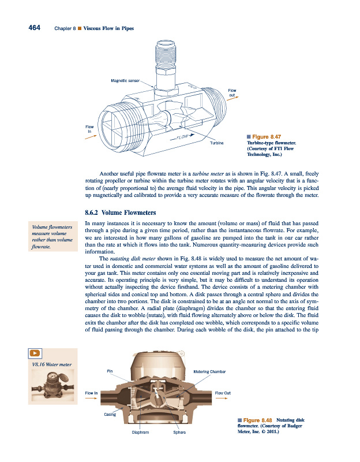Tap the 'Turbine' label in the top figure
[x=217, y=142]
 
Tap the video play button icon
[x=35, y=353]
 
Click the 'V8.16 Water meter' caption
[x=52, y=364]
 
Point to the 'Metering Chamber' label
[x=209, y=371]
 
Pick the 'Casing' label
[x=110, y=414]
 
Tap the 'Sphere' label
[x=179, y=431]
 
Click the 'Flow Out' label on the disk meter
[x=223, y=393]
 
